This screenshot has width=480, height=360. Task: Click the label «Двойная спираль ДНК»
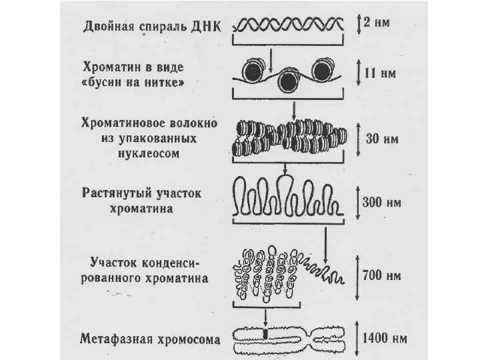click(x=154, y=27)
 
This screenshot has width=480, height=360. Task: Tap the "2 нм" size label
click(x=377, y=21)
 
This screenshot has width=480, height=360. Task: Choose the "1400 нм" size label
click(x=386, y=337)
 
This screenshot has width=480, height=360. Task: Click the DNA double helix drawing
click(x=288, y=25)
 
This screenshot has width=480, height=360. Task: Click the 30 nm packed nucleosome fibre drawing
click(x=288, y=138)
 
